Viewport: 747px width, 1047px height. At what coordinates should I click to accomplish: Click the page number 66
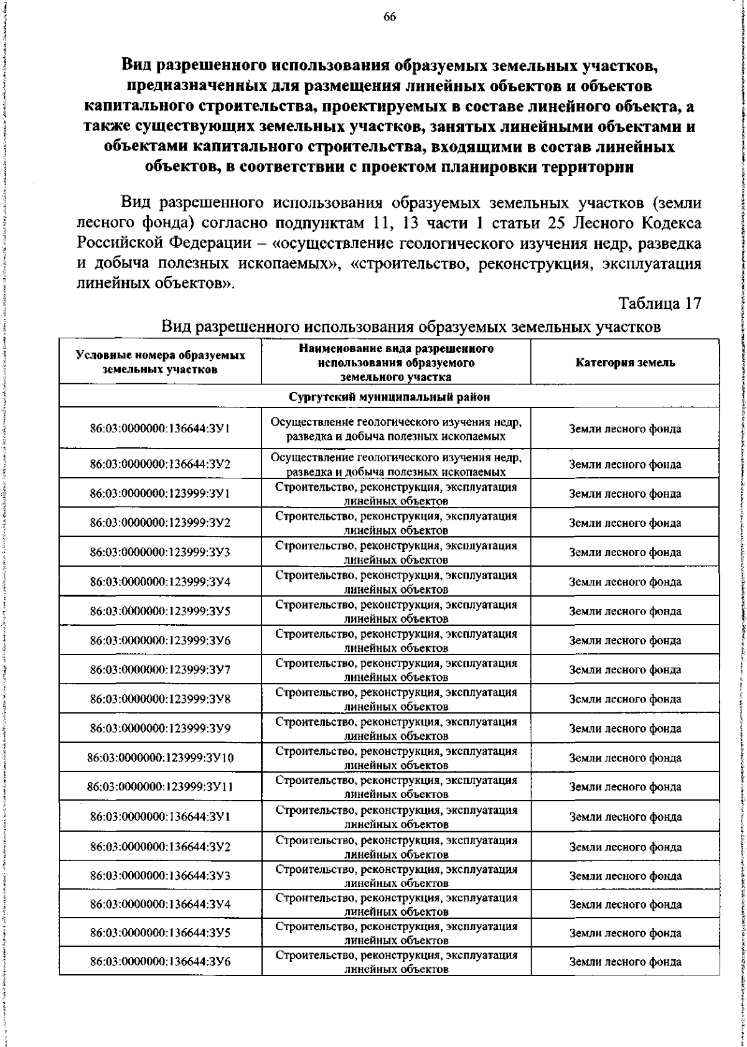tap(390, 17)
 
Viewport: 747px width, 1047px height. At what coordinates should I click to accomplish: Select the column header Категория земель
tap(625, 363)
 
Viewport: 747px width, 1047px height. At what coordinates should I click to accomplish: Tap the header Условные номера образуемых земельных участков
tap(160, 362)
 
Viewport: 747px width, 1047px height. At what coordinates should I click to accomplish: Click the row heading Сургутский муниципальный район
tap(389, 396)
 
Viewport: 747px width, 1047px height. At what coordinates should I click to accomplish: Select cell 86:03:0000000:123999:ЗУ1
tap(160, 493)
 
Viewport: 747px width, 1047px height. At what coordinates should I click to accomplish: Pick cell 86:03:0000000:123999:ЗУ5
tap(160, 611)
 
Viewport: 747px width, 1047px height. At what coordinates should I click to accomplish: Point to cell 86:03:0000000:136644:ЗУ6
tap(160, 979)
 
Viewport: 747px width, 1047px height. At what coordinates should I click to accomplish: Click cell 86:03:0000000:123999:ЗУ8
tap(160, 699)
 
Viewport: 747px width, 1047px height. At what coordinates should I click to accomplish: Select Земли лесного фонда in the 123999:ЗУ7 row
tap(625, 670)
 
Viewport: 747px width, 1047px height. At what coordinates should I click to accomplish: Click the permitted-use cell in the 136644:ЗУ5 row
tap(396, 950)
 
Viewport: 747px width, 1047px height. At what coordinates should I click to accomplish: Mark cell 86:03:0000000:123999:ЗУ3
tap(160, 552)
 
